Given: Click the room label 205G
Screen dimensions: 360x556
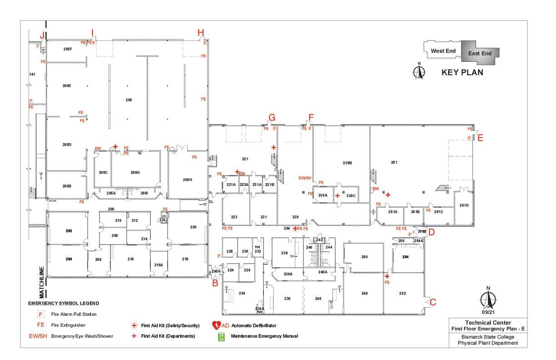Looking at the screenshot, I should click(x=135, y=173).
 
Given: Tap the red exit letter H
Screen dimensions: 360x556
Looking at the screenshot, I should click(x=201, y=32).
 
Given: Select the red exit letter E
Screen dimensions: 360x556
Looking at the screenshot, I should click(x=480, y=139).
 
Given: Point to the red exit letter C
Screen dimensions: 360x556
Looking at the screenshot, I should click(x=432, y=302).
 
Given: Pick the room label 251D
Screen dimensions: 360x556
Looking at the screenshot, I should click(x=464, y=205).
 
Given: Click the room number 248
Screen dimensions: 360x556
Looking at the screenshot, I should click(x=364, y=294).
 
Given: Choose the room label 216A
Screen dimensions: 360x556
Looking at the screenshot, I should click(x=159, y=265).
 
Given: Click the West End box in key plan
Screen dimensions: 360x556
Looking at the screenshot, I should click(x=443, y=51).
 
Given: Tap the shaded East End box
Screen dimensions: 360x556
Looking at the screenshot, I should click(x=480, y=54).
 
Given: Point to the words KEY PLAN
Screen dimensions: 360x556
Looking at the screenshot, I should click(x=462, y=72).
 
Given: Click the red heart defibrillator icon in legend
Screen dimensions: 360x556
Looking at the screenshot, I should click(x=216, y=325).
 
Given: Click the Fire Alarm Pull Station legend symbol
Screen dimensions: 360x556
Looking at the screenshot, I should click(x=41, y=314).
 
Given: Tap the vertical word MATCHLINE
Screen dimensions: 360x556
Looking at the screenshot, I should click(x=41, y=282).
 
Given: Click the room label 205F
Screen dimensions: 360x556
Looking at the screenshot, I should click(x=68, y=49).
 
